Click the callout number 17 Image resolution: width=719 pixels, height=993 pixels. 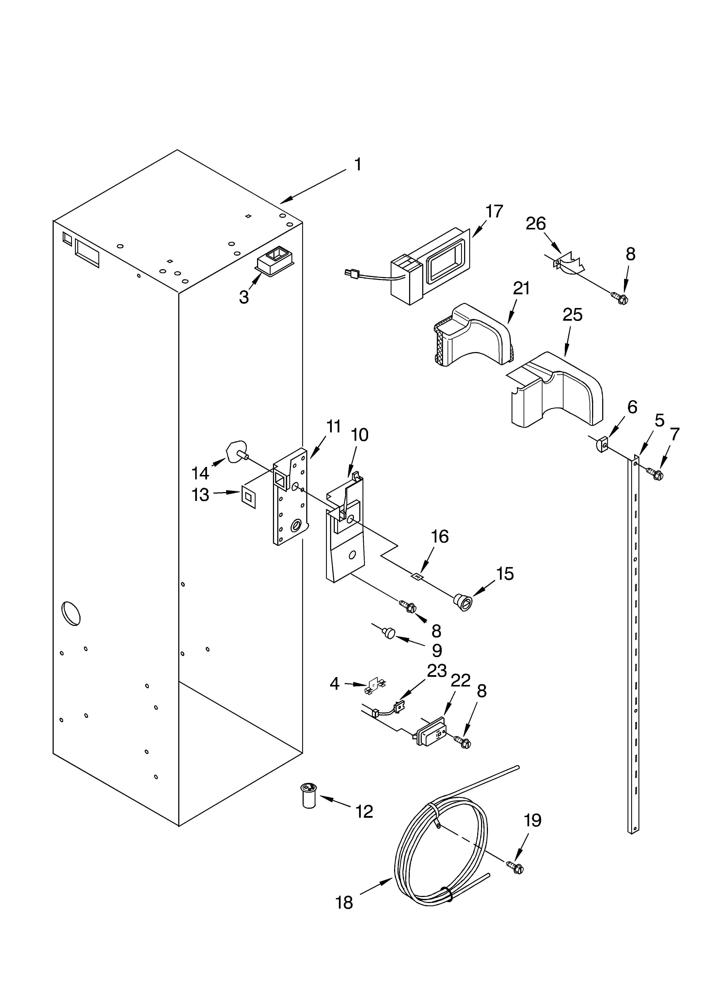click(494, 212)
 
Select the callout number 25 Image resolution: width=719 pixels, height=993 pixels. click(573, 315)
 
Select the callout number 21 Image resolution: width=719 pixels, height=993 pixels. click(521, 289)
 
